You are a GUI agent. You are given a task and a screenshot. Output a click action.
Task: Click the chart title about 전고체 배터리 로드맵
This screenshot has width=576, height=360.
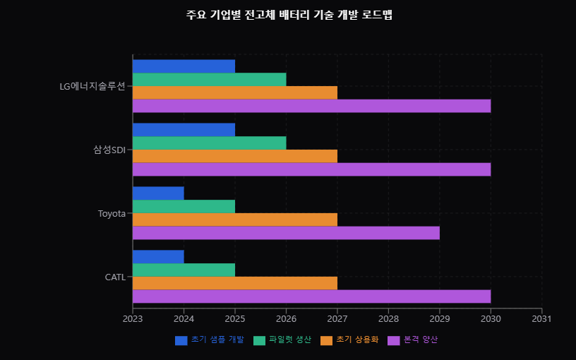click(x=289, y=15)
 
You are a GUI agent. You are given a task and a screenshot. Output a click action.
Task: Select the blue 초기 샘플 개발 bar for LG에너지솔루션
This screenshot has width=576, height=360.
click(x=184, y=66)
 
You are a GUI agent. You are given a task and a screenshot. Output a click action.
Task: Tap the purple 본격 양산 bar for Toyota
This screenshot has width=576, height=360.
click(x=286, y=233)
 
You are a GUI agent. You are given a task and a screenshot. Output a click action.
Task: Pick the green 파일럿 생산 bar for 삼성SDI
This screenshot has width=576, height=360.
click(x=209, y=143)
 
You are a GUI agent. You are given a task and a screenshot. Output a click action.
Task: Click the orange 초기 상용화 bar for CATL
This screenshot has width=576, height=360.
click(x=234, y=283)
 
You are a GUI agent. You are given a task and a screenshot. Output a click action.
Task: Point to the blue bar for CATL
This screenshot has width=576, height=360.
click(x=158, y=257)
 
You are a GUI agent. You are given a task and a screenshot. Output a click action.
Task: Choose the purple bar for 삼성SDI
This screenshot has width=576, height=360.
click(x=311, y=169)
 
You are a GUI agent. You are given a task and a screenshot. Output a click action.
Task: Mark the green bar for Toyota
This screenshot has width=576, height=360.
click(x=184, y=206)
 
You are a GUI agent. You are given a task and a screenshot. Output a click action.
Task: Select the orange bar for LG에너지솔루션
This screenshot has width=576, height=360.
click(x=234, y=92)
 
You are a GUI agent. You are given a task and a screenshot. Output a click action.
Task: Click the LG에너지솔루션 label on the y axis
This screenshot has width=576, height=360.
click(x=92, y=86)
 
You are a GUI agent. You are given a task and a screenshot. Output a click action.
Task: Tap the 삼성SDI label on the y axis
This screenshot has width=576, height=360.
click(x=109, y=150)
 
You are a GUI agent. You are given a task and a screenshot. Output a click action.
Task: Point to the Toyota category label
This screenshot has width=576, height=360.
click(x=112, y=213)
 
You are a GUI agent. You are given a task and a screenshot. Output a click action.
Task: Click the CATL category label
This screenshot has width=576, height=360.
click(x=115, y=277)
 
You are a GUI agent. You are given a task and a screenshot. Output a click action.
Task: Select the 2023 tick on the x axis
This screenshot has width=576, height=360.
click(x=133, y=318)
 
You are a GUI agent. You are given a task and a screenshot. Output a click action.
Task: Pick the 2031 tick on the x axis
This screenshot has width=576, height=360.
click(x=541, y=318)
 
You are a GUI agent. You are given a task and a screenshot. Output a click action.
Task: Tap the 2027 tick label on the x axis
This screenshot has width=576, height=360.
click(x=337, y=318)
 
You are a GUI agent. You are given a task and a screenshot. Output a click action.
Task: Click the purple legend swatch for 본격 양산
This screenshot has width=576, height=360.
click(x=394, y=340)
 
